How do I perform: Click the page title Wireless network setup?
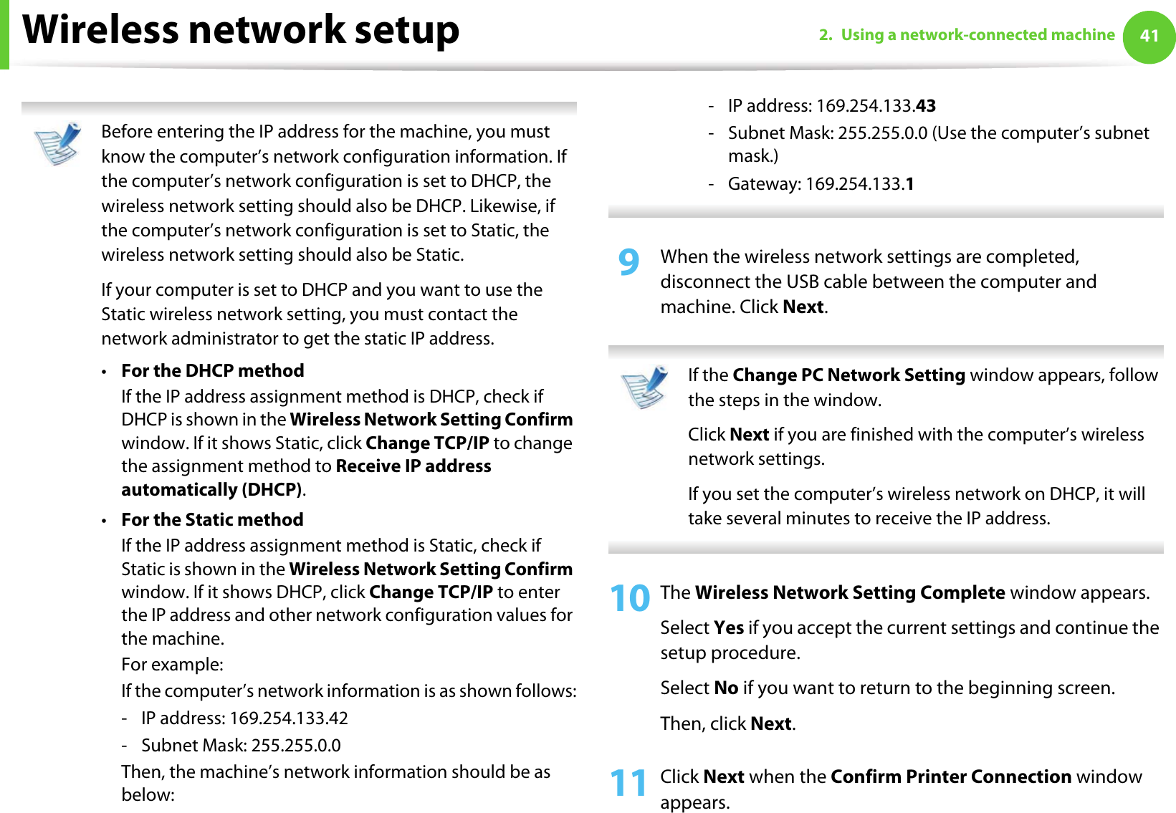(x=241, y=30)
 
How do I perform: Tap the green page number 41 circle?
(x=1149, y=36)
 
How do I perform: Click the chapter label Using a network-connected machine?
(x=977, y=35)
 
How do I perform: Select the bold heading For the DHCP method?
(x=213, y=371)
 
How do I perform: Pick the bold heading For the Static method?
(x=212, y=520)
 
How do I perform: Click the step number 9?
(x=628, y=263)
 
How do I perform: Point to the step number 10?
(x=630, y=598)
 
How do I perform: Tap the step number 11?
(x=628, y=782)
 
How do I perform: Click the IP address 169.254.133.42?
(x=289, y=718)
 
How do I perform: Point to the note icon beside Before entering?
(x=58, y=143)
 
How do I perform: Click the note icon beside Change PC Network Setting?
(x=644, y=387)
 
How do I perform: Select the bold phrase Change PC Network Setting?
(x=848, y=375)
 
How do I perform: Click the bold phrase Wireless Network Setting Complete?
(x=850, y=593)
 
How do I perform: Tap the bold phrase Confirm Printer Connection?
(x=950, y=777)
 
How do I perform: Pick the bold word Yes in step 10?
(x=729, y=628)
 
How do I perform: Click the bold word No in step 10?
(x=726, y=688)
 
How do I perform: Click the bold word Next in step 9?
(x=803, y=307)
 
